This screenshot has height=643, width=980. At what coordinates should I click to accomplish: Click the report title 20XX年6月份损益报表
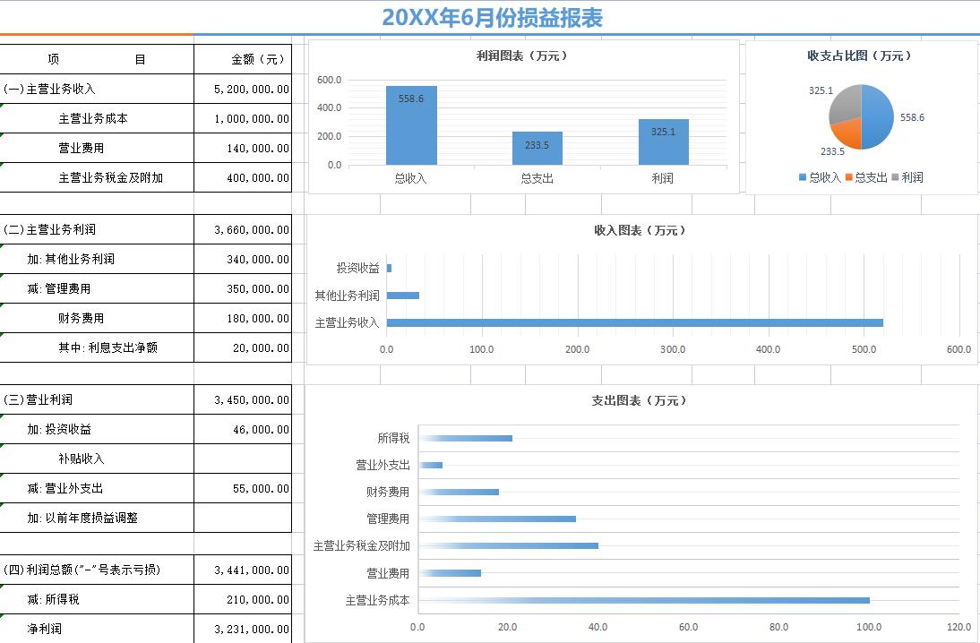click(x=492, y=18)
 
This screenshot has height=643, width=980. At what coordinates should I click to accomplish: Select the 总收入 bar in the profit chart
click(x=411, y=125)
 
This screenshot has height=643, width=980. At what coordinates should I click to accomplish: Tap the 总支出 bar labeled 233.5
click(x=537, y=149)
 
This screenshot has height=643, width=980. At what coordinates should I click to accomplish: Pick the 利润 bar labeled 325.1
click(x=664, y=142)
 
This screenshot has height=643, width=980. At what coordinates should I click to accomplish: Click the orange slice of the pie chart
click(x=846, y=134)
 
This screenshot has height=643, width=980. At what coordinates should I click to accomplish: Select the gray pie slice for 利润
click(x=845, y=102)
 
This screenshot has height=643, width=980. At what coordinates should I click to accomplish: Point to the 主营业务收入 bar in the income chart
click(x=634, y=322)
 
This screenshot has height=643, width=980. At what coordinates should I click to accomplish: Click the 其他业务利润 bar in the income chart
click(x=402, y=296)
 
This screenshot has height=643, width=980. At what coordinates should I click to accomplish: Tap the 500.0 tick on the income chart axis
click(x=864, y=349)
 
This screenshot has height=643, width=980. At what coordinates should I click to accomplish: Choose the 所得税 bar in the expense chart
click(x=465, y=438)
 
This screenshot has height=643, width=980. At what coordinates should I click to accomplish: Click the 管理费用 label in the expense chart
click(x=388, y=519)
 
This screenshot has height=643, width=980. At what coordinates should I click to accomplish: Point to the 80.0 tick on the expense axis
click(x=778, y=627)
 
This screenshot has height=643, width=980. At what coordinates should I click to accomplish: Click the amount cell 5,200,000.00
click(x=252, y=90)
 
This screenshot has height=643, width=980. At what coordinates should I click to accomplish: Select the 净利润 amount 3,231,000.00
click(x=252, y=629)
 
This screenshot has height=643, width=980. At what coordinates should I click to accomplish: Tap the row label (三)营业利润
click(x=39, y=399)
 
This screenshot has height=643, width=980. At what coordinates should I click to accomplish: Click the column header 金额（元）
click(x=258, y=59)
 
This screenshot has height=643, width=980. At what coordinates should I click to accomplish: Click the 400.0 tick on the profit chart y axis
click(x=329, y=108)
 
